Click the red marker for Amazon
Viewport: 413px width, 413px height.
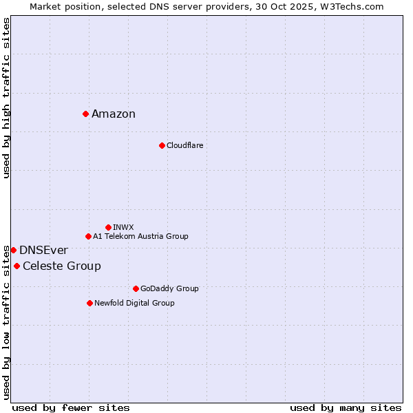pyautogui.click(x=85, y=114)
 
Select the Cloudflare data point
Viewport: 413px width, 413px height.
pyautogui.click(x=162, y=145)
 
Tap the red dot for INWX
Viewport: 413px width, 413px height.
pyautogui.click(x=108, y=227)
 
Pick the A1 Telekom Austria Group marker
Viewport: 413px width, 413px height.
pyautogui.click(x=88, y=236)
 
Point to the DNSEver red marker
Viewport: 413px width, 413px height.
pyautogui.click(x=13, y=250)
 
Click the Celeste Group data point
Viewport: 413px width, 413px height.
pyautogui.click(x=17, y=266)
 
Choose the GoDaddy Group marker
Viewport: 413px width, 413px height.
pyautogui.click(x=136, y=288)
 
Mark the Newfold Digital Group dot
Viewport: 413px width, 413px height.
pyautogui.click(x=89, y=303)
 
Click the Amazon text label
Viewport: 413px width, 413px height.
pyautogui.click(x=114, y=114)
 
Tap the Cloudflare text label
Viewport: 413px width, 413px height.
pyautogui.click(x=184, y=145)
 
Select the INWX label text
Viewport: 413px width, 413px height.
pyautogui.click(x=123, y=227)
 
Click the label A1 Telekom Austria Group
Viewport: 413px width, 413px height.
pyautogui.click(x=140, y=236)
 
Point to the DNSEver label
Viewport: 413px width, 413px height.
pyautogui.click(x=43, y=251)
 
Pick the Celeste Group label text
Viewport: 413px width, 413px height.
pyautogui.click(x=62, y=266)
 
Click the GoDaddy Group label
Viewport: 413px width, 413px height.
pyautogui.click(x=169, y=288)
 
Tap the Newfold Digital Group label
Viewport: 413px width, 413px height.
pyautogui.click(x=134, y=303)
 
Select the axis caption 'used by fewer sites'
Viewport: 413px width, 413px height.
pyautogui.click(x=71, y=407)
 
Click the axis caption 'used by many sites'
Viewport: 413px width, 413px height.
pyautogui.click(x=346, y=407)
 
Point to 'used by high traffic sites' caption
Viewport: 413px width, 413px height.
pyautogui.click(x=6, y=98)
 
